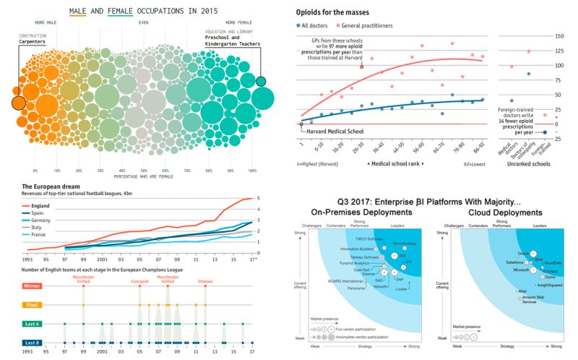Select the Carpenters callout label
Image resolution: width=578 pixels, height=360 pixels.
[32, 42]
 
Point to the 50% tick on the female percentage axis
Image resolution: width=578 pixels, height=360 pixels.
[144, 171]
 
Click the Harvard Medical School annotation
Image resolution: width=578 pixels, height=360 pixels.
[339, 131]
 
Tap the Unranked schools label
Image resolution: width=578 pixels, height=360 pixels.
[527, 164]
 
